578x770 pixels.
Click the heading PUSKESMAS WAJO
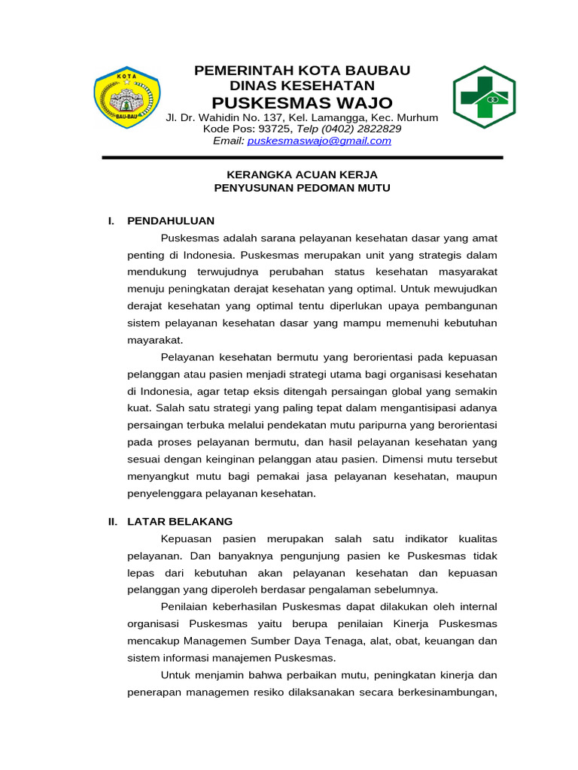(302, 102)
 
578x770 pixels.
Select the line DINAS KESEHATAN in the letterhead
(302, 86)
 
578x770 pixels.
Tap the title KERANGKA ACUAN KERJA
(302, 174)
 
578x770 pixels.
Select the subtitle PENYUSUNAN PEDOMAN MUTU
(302, 188)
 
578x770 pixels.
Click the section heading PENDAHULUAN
(171, 220)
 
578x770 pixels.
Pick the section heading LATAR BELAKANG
(180, 521)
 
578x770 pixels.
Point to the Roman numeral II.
(113, 521)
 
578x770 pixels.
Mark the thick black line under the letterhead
(302, 157)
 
